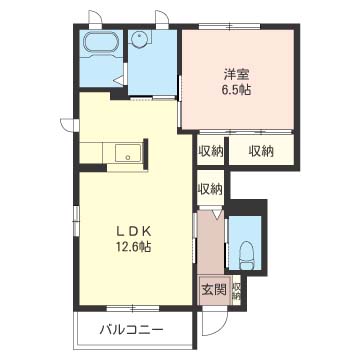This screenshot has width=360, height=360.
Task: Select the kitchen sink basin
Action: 126,153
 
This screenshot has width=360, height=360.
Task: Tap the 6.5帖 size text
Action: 235,88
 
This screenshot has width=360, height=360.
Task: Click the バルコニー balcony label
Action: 131,329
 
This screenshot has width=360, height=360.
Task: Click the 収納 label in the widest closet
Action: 261,151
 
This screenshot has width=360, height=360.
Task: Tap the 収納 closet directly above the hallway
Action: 209,188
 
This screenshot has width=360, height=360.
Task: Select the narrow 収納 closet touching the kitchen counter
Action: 209,151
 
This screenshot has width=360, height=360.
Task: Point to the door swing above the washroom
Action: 161,19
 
